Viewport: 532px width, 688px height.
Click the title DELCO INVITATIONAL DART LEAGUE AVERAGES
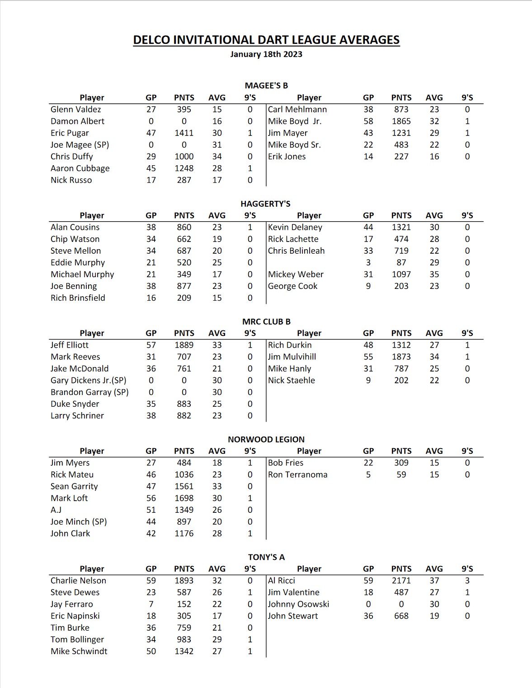coord(266,40)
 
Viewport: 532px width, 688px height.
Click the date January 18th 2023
coord(266,54)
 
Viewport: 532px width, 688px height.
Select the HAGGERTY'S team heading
coord(266,204)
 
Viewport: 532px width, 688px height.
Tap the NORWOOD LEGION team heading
coord(266,439)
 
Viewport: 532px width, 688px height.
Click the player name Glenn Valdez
coord(76,109)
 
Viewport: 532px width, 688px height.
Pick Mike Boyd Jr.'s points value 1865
coord(401,121)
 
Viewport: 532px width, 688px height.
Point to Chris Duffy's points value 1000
coord(184,156)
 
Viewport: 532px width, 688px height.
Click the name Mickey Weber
coord(296,274)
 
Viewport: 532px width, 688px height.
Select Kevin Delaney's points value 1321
coord(401,227)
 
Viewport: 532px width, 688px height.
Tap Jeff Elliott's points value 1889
coord(184,345)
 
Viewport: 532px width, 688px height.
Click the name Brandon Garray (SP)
coord(89,392)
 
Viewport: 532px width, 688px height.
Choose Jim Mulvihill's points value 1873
coord(401,357)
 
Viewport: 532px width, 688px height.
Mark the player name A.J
coord(56,510)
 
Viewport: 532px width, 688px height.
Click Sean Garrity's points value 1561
coord(184,486)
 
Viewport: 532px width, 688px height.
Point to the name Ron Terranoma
coord(297,474)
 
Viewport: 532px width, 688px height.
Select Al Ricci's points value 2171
coord(401,581)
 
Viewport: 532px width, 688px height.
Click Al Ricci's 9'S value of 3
coord(467,581)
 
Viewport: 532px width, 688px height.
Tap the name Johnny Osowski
coord(298,604)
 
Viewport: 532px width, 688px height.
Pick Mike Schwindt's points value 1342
coord(184,651)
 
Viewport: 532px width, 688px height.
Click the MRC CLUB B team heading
coord(266,321)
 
